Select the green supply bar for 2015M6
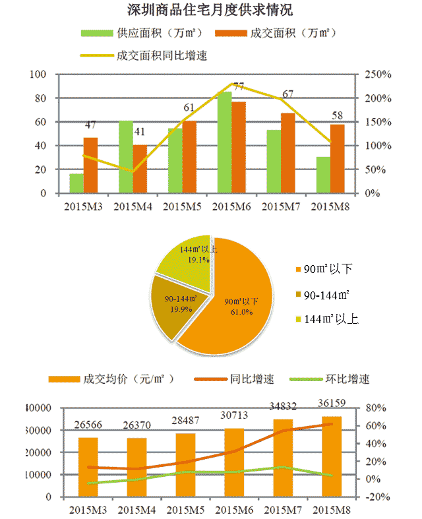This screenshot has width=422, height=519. tap(225, 142)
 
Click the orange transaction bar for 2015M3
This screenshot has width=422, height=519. tap(90, 166)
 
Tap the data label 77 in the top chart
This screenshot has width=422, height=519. tap(238, 86)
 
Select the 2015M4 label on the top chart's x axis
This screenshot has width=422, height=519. tap(135, 207)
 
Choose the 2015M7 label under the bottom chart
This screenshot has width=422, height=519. tap(284, 510)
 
